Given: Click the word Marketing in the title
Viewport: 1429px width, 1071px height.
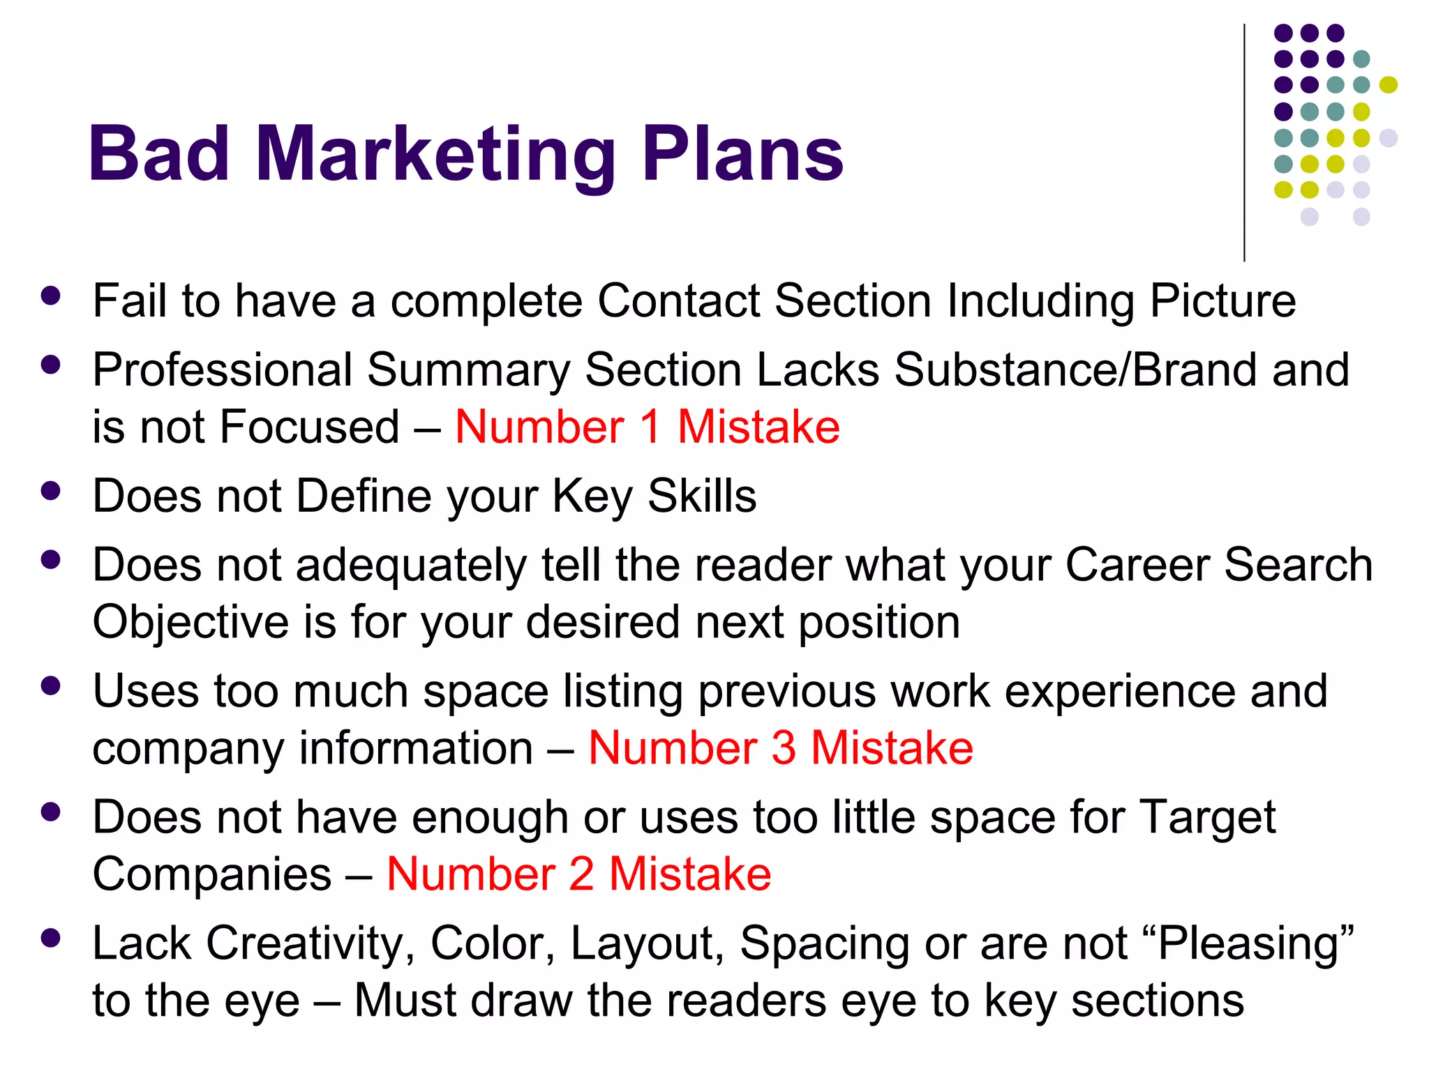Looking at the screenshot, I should tap(436, 155).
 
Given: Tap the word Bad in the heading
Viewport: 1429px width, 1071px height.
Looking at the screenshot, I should tap(159, 155).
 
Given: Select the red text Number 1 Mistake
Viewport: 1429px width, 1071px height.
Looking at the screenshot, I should tap(647, 427).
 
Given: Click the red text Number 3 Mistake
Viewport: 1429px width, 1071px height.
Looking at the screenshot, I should tap(780, 748).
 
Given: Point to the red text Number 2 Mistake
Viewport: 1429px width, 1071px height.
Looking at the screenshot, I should tap(578, 874).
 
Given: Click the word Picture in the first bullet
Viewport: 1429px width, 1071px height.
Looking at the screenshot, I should tap(1222, 301).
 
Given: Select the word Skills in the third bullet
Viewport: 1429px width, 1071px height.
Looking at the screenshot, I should tap(701, 496).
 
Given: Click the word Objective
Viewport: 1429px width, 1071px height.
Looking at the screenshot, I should tap(190, 623).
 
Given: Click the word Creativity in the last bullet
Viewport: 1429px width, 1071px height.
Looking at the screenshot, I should tap(305, 943).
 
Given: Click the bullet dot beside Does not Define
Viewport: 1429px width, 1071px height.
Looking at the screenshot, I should tap(50, 490).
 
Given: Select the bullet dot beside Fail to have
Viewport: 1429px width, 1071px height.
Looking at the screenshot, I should tap(50, 295).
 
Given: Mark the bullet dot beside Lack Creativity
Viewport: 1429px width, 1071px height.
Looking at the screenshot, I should tap(50, 938).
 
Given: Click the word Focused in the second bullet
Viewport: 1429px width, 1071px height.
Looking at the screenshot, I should tap(309, 427).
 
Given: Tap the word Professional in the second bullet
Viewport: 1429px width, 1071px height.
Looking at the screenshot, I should tap(223, 370).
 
